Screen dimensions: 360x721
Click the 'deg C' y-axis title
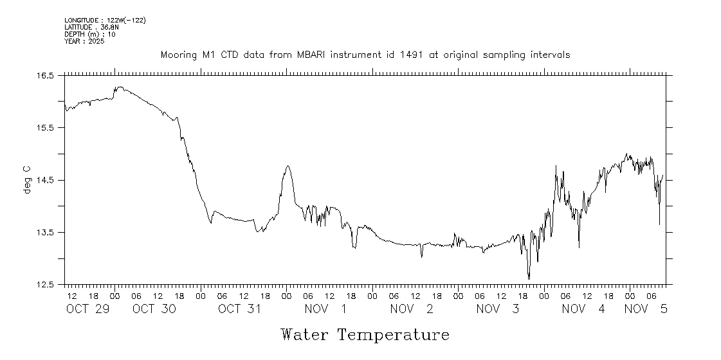[x=28, y=180]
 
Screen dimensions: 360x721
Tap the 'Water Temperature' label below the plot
[x=365, y=335]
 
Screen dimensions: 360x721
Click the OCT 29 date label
[x=89, y=309]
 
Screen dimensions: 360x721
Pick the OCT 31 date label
[x=239, y=309]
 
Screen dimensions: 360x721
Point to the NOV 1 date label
[x=325, y=309]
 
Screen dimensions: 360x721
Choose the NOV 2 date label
[x=412, y=309]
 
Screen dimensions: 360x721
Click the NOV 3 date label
[x=498, y=309]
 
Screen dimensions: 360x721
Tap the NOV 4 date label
[x=583, y=309]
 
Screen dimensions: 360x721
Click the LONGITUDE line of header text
[x=105, y=21]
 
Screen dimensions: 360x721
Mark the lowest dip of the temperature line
[x=529, y=278]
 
